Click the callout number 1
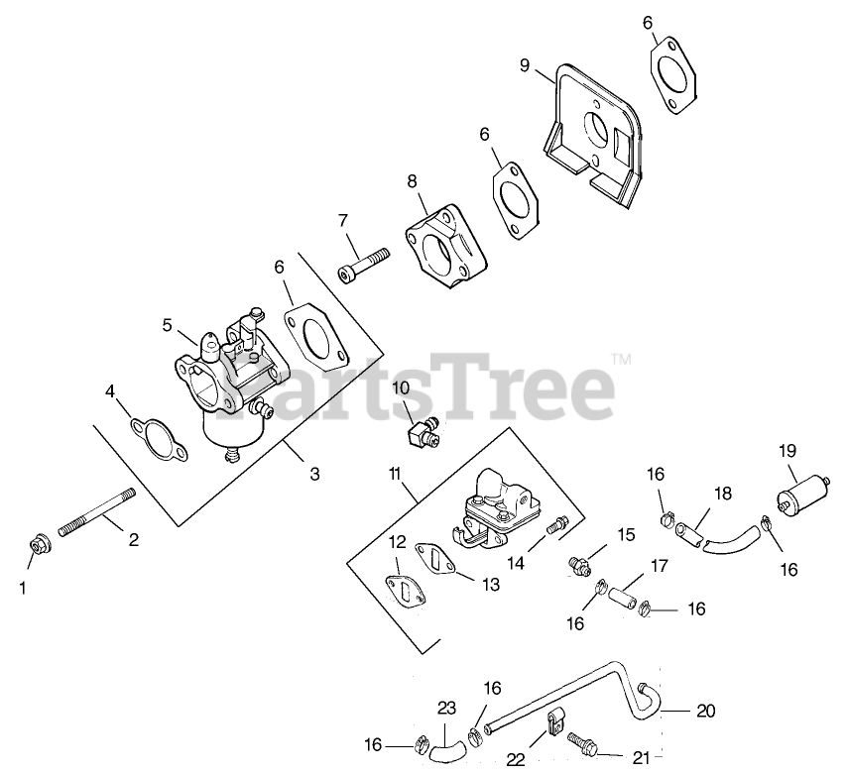point(23,587)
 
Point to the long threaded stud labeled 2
point(97,511)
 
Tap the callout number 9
point(524,66)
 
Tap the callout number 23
point(447,709)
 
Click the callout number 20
point(706,711)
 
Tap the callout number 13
point(490,584)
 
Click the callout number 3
point(314,474)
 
